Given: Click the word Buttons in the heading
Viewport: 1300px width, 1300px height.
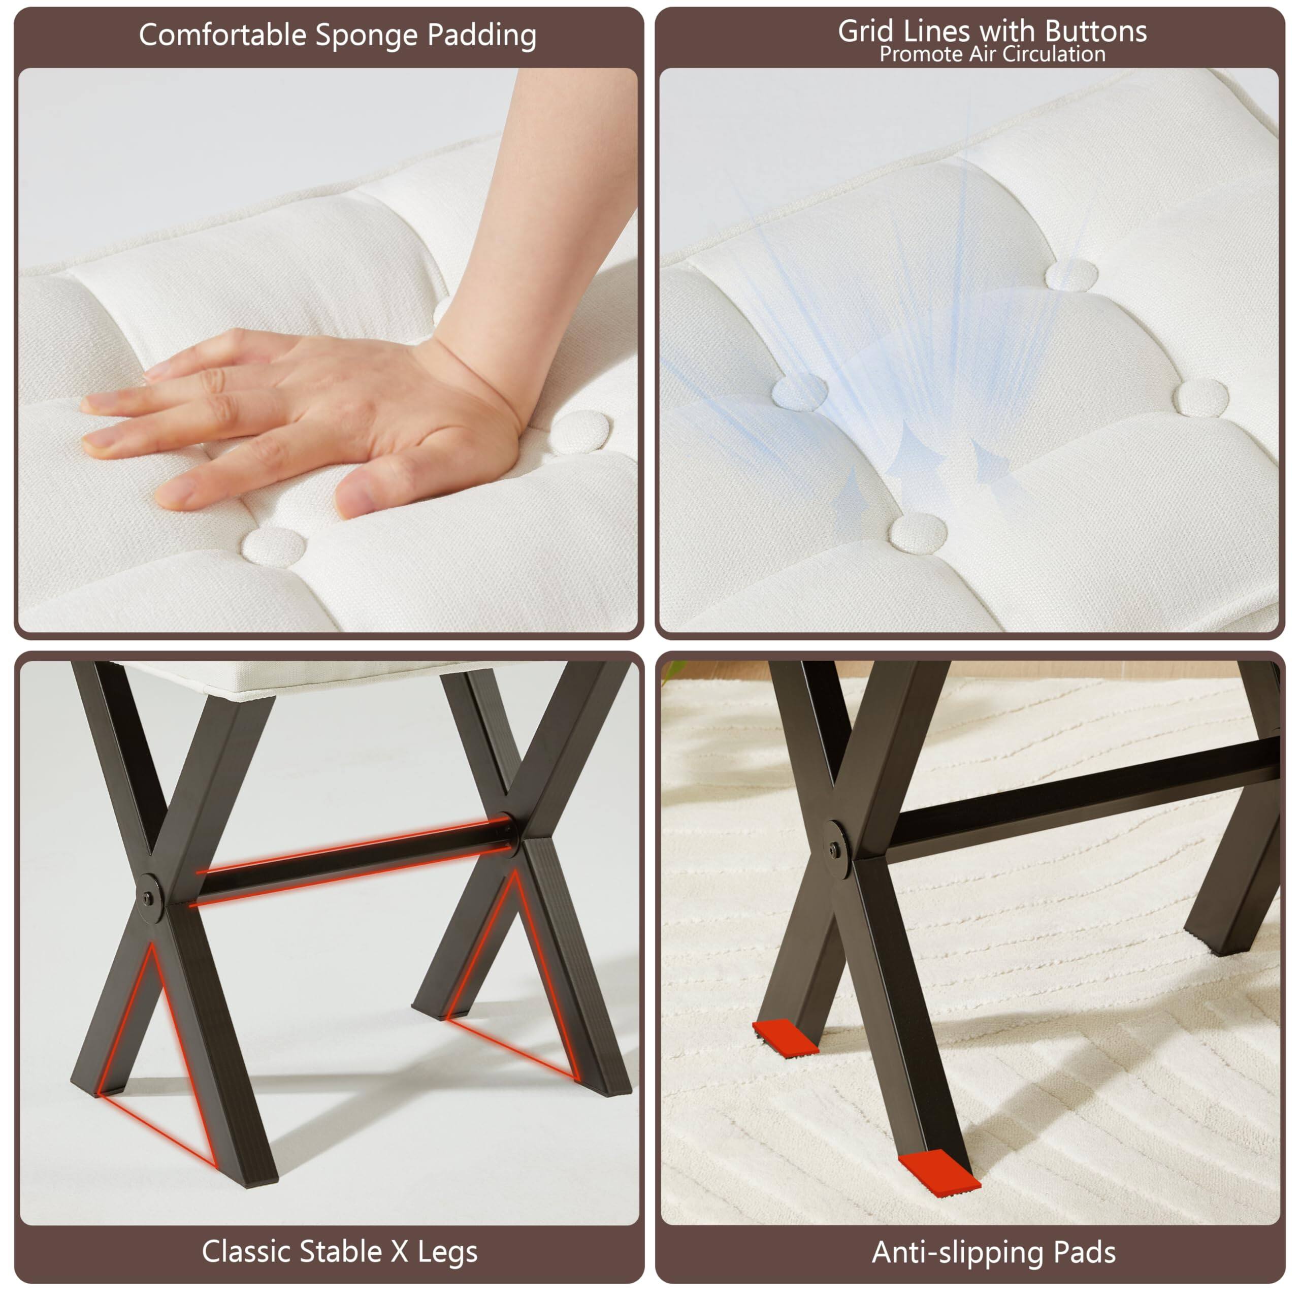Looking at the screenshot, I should pos(1096,31).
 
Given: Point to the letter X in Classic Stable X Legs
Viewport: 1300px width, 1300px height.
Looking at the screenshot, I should pos(400,1252).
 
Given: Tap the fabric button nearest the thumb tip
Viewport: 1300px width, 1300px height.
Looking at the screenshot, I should pos(274,544).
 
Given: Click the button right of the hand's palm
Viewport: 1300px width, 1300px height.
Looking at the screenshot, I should pos(582,431).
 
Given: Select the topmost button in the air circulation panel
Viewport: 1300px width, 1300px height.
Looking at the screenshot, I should pos(1072,274).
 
